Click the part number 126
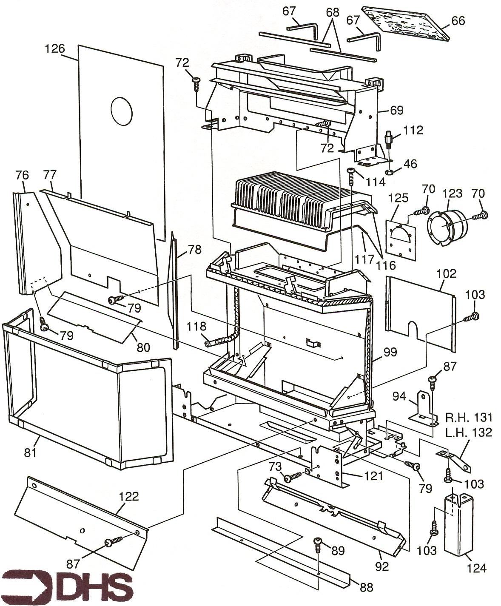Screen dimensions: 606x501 55,49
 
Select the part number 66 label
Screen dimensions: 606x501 458,20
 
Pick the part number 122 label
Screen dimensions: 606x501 129,496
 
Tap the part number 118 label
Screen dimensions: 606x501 196,326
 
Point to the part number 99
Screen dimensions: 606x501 390,352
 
